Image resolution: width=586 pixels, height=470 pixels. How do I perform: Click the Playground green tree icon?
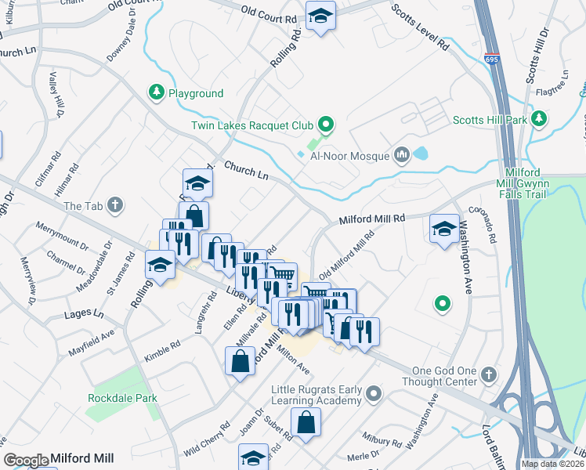pyautogui.click(x=157, y=93)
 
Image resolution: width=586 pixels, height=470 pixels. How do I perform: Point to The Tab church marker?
pyautogui.click(x=115, y=206)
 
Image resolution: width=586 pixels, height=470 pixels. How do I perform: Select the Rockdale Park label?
pyautogui.click(x=122, y=398)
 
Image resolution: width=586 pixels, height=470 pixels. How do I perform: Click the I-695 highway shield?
pyautogui.click(x=491, y=59)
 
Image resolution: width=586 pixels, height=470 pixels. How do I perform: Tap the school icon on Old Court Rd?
pyautogui.click(x=320, y=16)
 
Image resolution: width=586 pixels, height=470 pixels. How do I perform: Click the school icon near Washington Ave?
pyautogui.click(x=444, y=228)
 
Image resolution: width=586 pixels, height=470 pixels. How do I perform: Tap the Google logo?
pyautogui.click(x=26, y=461)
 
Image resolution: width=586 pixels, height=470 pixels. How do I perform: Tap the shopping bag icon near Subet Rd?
pyautogui.click(x=306, y=421)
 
